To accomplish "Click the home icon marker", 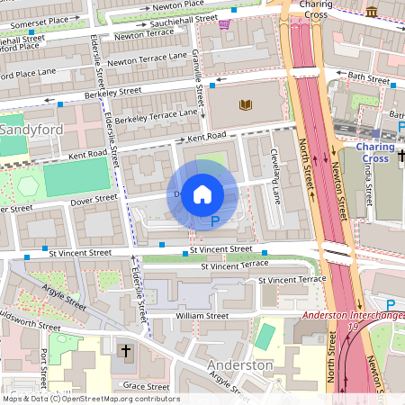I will pyautogui.click(x=202, y=194).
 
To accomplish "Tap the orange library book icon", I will pyautogui.click(x=245, y=105).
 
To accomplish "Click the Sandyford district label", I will pyautogui.click(x=30, y=130).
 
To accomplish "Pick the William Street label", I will pyautogui.click(x=202, y=317).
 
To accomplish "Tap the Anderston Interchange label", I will pyautogui.click(x=352, y=315).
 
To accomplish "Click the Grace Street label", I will pyautogui.click(x=145, y=386).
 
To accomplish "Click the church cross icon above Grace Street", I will pyautogui.click(x=127, y=348).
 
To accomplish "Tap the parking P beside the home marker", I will pyautogui.click(x=214, y=220).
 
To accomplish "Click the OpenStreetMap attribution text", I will pyautogui.click(x=91, y=399).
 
